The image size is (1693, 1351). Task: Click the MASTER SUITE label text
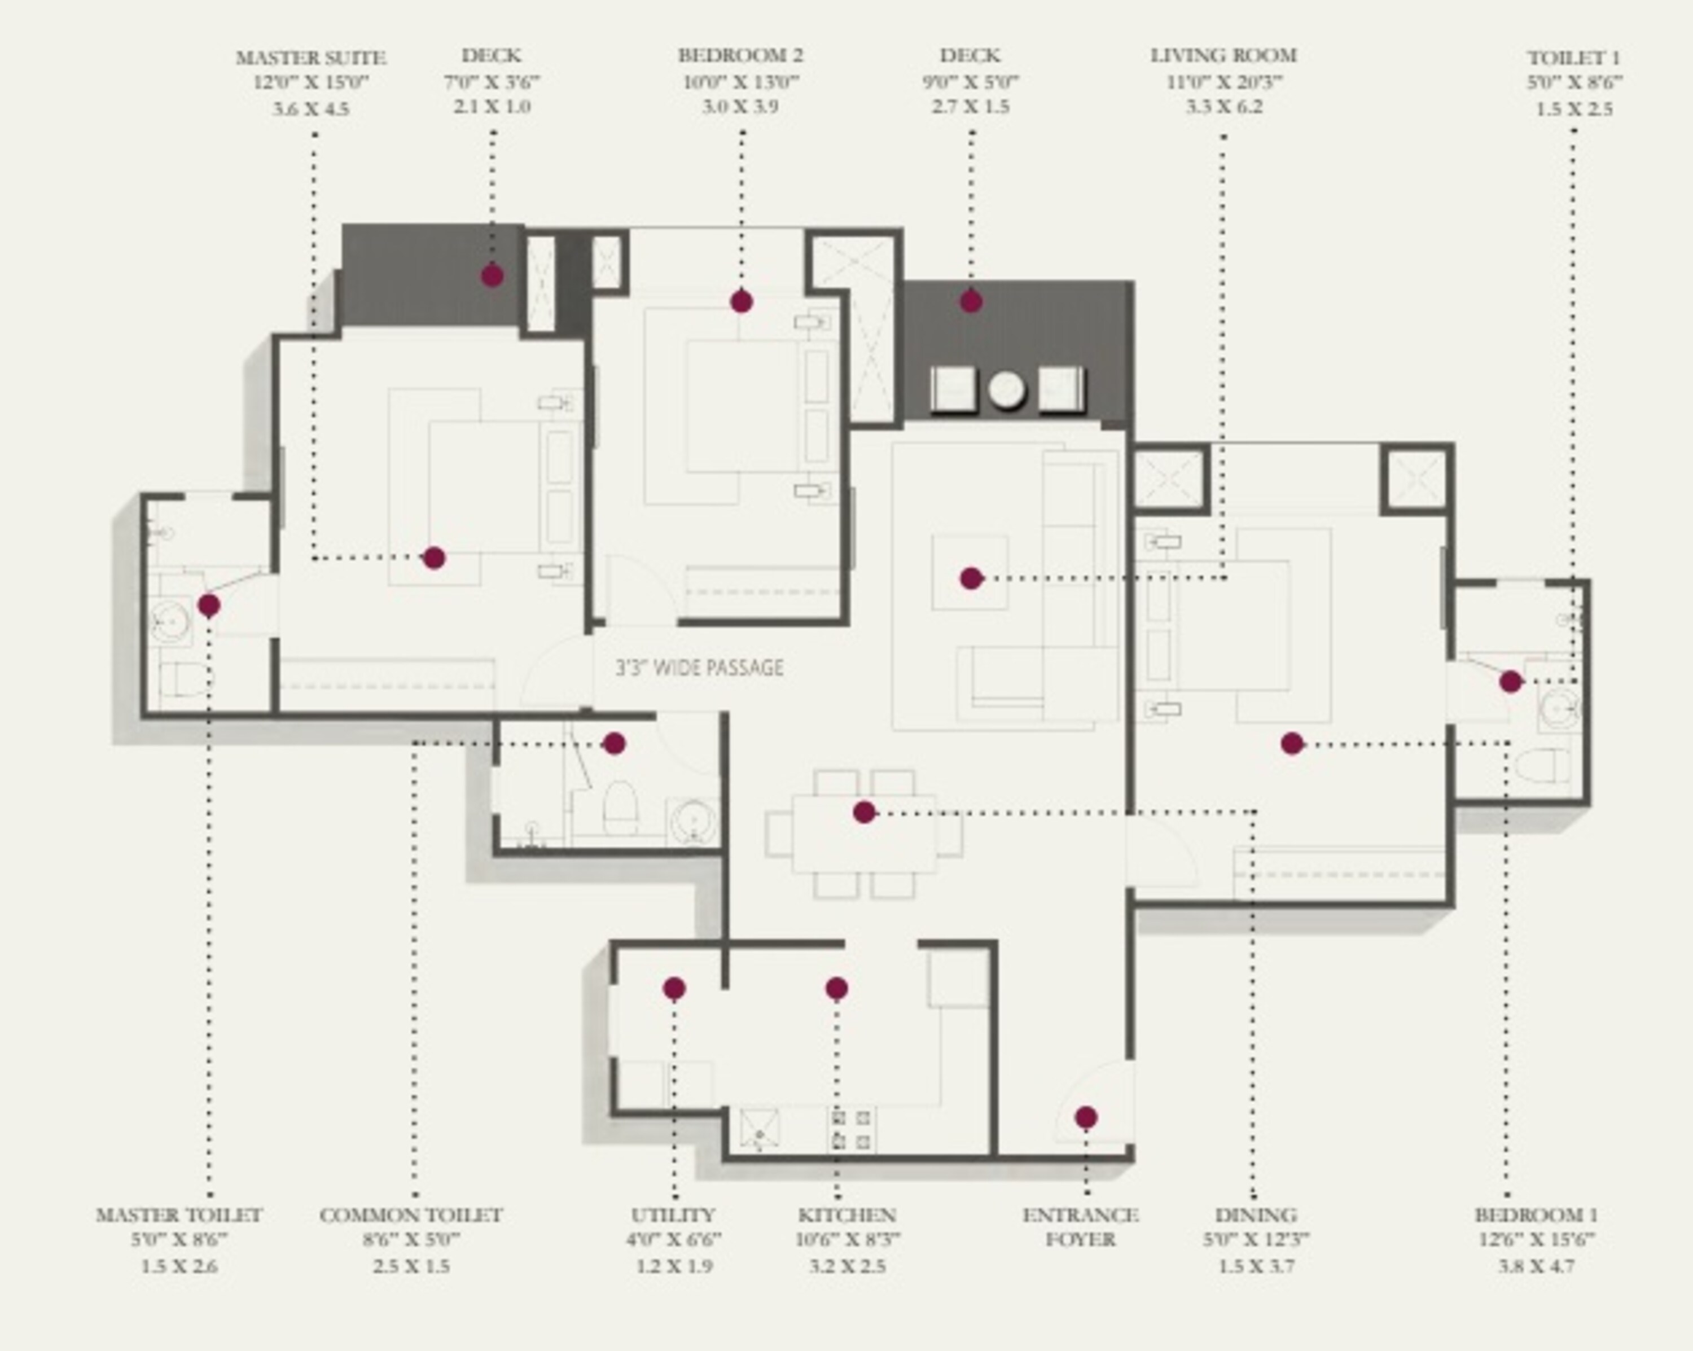(x=311, y=58)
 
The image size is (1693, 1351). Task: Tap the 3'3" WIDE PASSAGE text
(x=699, y=668)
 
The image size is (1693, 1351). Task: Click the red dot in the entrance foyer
(x=1085, y=1117)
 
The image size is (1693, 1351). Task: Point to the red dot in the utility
(x=674, y=988)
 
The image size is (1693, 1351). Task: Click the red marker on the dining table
(x=864, y=812)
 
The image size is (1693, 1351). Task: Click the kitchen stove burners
(x=851, y=1129)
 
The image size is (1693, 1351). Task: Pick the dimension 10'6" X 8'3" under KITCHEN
(x=847, y=1239)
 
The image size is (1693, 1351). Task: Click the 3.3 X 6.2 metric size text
(x=1223, y=107)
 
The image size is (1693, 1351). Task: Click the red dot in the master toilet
(x=208, y=605)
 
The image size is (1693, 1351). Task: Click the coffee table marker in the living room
(x=971, y=578)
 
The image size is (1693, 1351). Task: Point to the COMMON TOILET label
(x=411, y=1214)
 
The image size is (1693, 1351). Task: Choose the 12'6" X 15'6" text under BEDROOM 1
(x=1535, y=1239)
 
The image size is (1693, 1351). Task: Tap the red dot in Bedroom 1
(x=1292, y=743)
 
